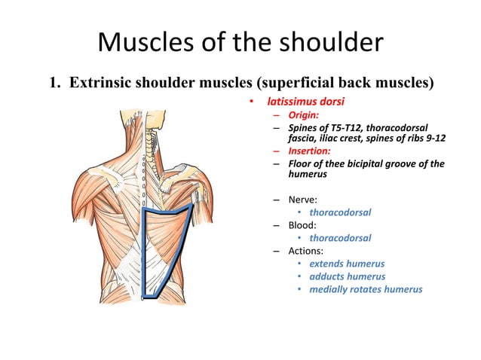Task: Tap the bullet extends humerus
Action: click(x=347, y=264)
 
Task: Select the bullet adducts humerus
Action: click(x=348, y=276)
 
